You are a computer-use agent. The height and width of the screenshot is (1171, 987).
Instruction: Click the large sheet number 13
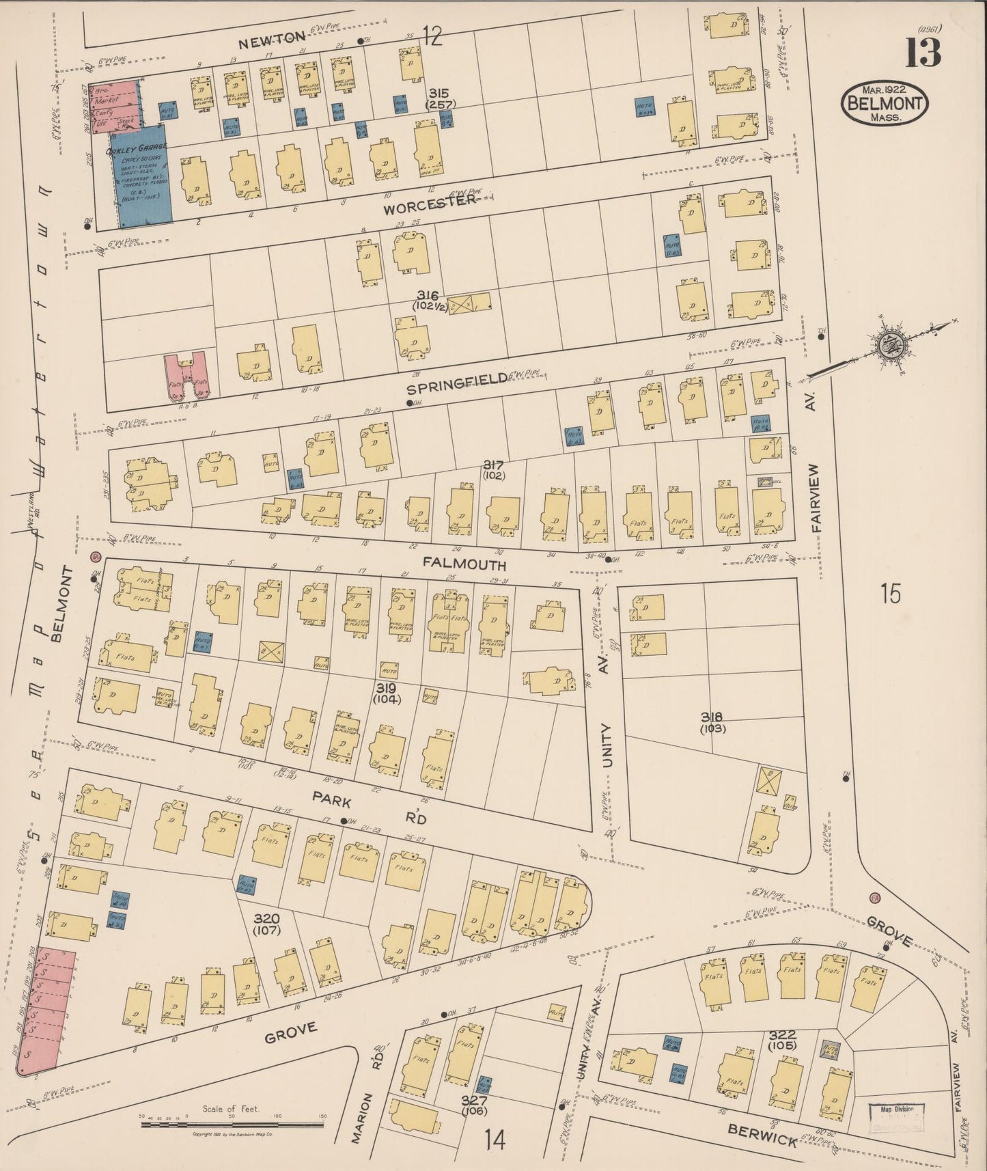pos(923,53)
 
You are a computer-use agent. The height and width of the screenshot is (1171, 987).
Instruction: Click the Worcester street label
pos(429,204)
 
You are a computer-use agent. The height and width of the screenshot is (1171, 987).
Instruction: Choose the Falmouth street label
pos(464,564)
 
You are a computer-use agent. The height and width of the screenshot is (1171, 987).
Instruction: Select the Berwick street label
pos(762,1135)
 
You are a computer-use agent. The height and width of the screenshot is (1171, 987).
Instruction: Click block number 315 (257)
pos(440,98)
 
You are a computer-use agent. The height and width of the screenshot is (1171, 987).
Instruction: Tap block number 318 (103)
pos(711,722)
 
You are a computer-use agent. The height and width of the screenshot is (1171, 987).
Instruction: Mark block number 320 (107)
pos(266,924)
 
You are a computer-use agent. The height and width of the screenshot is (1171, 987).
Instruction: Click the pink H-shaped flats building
pos(187,375)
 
